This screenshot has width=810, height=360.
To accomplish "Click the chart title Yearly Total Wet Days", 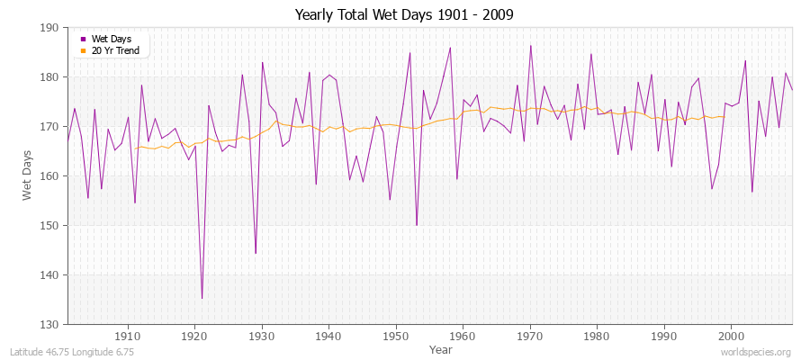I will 404,15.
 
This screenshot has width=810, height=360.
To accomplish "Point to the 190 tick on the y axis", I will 50,28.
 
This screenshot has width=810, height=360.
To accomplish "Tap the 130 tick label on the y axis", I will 50,324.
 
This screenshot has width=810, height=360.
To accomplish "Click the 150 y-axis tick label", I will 50,225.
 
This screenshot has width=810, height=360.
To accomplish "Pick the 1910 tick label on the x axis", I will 128,336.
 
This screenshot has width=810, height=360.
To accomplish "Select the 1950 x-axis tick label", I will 395,336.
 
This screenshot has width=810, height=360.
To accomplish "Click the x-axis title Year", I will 441,348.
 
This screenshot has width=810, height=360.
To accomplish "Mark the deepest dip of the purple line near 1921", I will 202,298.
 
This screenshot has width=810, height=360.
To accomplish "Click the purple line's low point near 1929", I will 256,253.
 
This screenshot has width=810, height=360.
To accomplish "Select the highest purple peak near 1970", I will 531,46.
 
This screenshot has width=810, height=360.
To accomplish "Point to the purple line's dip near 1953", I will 417,225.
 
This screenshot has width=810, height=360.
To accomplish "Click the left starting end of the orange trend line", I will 135,148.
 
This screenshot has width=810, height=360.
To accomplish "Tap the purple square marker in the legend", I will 84,39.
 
